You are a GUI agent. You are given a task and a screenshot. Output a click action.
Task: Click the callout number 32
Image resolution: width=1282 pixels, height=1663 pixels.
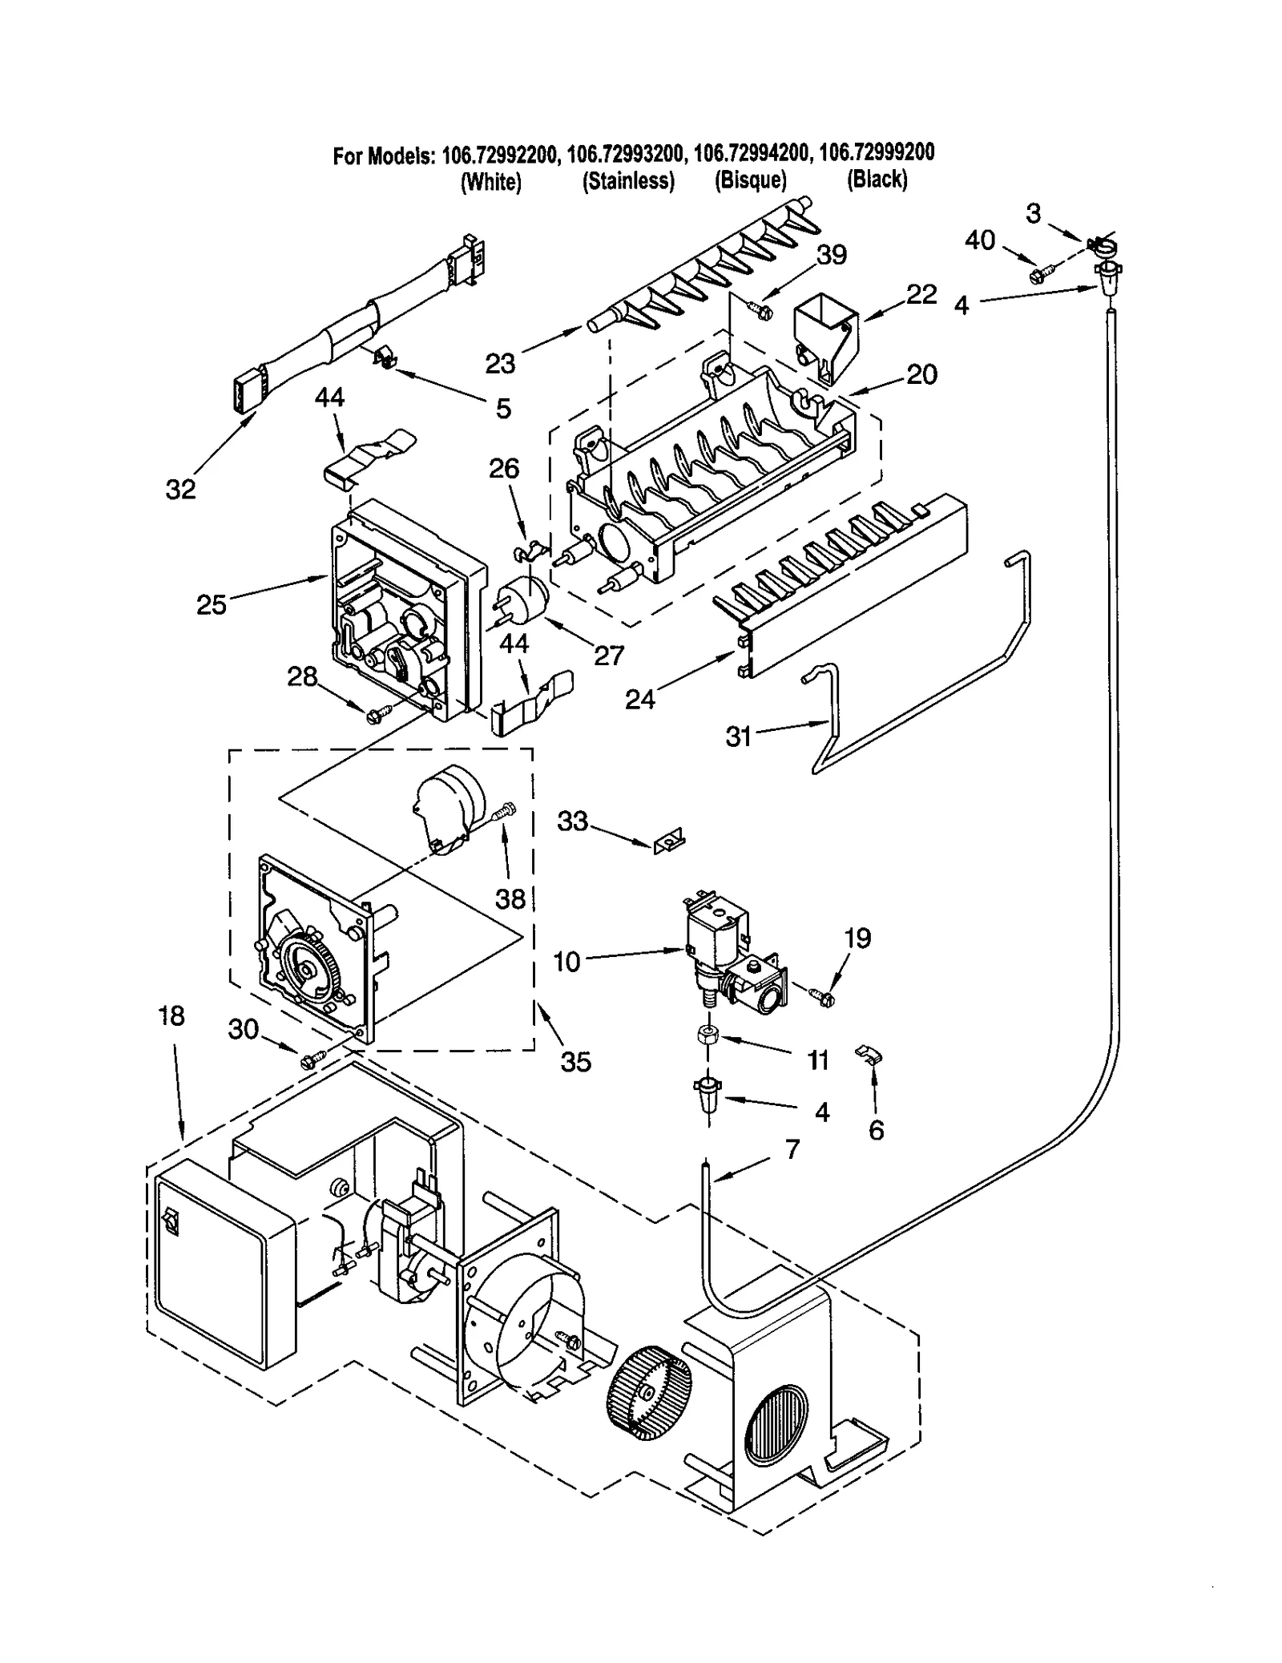180,489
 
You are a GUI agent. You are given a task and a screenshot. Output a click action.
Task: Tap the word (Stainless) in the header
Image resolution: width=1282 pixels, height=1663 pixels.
628,181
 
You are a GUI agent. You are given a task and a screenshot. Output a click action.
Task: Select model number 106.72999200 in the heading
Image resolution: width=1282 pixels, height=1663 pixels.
877,151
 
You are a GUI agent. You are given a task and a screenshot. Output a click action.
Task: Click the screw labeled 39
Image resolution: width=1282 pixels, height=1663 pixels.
761,309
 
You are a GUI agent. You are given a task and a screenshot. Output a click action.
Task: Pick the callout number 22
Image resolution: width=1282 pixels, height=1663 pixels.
921,294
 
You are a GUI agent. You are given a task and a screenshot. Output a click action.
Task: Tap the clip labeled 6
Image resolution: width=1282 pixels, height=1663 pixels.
869,1053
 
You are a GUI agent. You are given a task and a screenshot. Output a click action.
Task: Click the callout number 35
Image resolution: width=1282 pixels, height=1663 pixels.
575,1062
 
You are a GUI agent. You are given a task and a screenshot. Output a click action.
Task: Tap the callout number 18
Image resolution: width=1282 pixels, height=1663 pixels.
171,1015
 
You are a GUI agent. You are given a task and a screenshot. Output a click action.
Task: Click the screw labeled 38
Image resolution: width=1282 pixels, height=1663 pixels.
504,813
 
